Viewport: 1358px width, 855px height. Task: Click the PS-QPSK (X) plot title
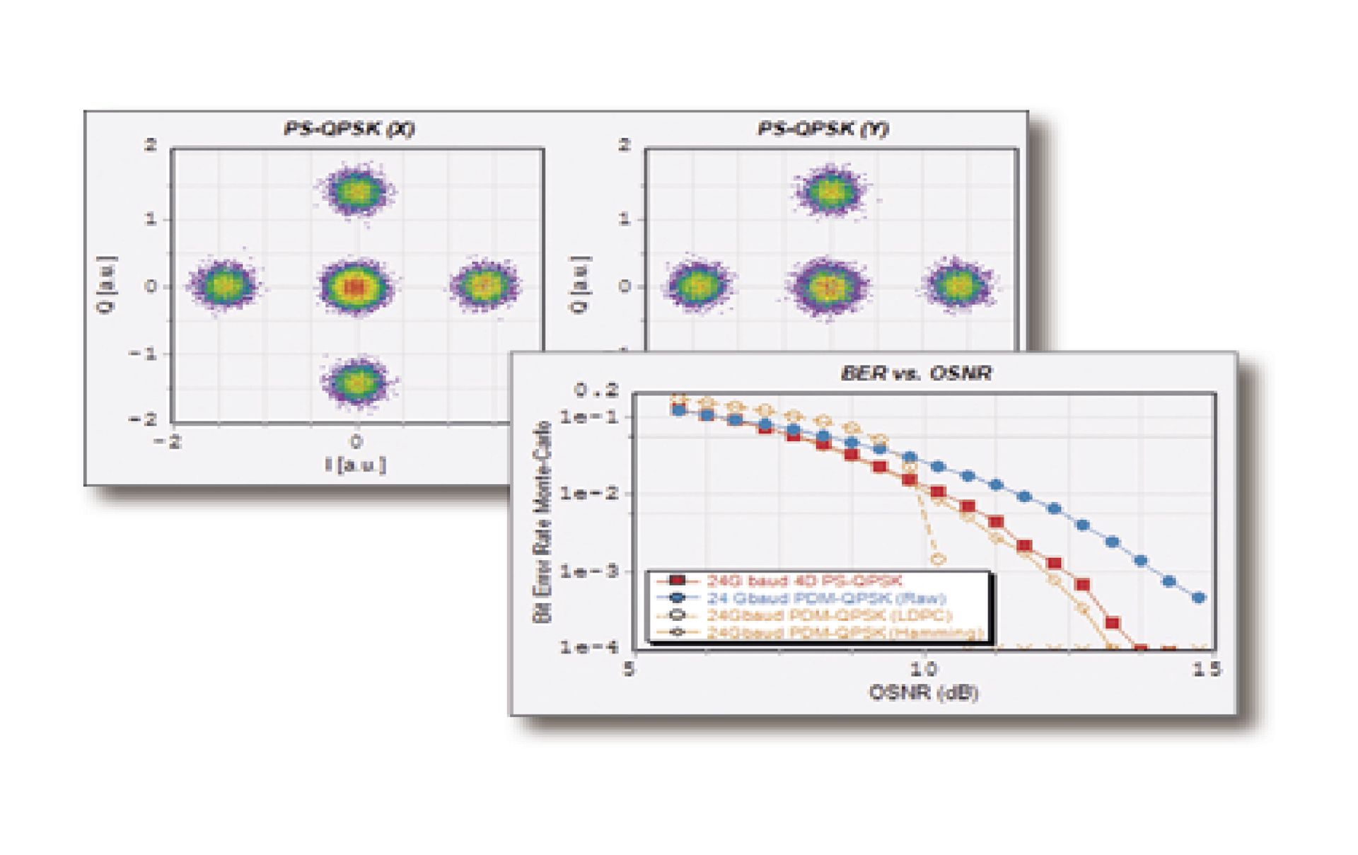point(348,129)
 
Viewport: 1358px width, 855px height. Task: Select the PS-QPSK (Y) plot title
point(823,129)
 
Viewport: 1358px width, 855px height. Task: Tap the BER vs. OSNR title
point(916,373)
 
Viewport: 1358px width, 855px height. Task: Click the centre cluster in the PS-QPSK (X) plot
point(356,286)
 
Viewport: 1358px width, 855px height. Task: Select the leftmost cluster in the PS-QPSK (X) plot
point(224,285)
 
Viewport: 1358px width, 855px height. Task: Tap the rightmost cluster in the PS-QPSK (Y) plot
point(958,285)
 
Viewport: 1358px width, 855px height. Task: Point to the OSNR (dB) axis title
point(923,692)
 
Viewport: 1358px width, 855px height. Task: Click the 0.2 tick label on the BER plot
point(596,390)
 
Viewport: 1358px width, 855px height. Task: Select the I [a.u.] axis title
point(356,465)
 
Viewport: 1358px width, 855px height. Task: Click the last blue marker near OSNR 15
point(1198,598)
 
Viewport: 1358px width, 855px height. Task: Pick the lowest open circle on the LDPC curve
point(939,559)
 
